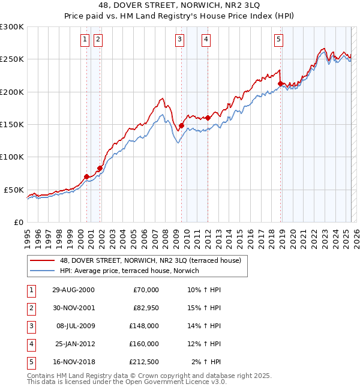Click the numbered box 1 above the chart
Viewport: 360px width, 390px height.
coord(85,40)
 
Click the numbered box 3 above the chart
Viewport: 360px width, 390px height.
coord(180,40)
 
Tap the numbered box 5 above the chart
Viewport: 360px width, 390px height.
coord(279,40)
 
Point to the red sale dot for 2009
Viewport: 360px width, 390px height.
coord(181,125)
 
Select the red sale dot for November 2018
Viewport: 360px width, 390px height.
coord(281,83)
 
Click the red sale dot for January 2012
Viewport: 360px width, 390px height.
coord(208,118)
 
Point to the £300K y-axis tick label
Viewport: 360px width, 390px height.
coord(12,27)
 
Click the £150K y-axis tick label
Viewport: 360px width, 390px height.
coord(12,124)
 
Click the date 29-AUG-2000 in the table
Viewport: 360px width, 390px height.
coord(73,290)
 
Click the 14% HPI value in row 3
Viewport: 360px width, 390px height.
coord(203,326)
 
